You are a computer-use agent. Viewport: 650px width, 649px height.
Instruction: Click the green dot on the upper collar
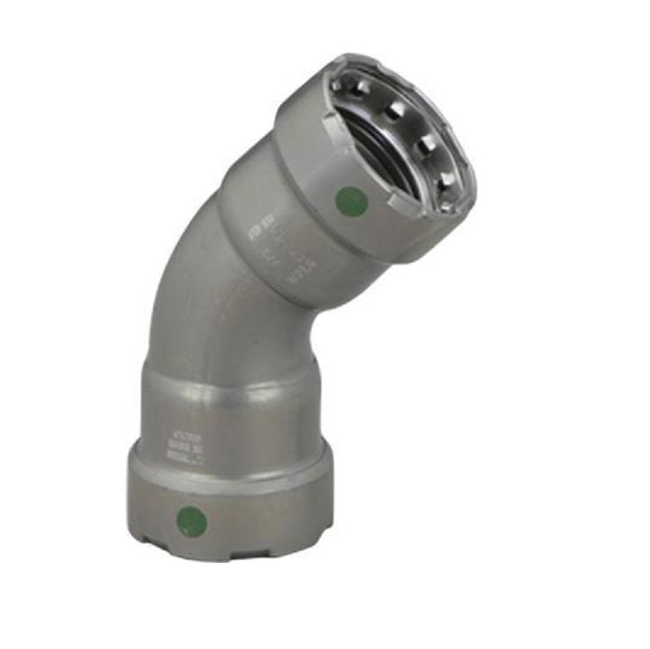click(x=349, y=200)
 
